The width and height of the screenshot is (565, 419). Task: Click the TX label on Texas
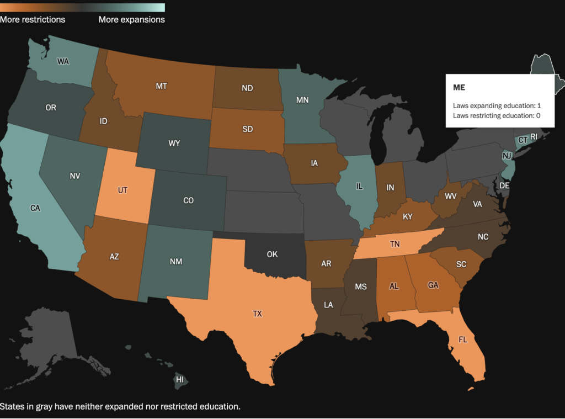[257, 314]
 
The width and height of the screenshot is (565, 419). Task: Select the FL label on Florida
[462, 339]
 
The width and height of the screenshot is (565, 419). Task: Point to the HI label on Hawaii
[179, 380]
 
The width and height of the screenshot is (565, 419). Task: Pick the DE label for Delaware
[504, 186]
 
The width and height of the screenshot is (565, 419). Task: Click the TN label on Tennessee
[395, 243]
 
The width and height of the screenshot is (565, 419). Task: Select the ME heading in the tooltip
[459, 88]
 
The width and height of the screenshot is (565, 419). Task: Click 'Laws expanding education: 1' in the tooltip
[497, 105]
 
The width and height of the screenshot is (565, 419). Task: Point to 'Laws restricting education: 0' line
[497, 115]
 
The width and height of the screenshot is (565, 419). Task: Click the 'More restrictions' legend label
[33, 19]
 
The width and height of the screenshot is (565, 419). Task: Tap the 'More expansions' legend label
[131, 19]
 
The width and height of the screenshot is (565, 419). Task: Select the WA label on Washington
[63, 61]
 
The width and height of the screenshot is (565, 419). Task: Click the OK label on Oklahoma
[271, 254]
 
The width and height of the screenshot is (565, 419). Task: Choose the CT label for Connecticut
[523, 140]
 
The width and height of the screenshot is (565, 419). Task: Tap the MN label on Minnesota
[302, 100]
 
